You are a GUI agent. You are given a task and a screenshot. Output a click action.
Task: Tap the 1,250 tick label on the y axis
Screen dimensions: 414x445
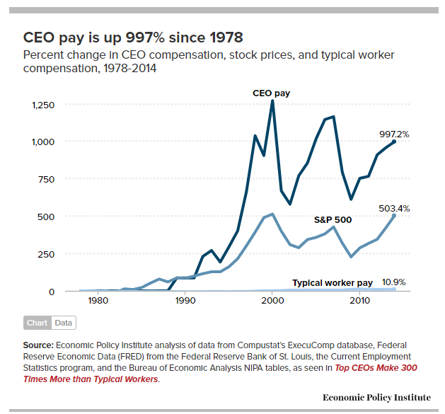[x=42, y=105]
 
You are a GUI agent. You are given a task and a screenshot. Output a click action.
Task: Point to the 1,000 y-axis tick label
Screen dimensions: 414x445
[x=42, y=142]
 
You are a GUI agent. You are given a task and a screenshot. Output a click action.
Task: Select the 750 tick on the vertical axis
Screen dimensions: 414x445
[x=45, y=179]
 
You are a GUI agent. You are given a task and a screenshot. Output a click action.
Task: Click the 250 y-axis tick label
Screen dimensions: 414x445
[x=45, y=253]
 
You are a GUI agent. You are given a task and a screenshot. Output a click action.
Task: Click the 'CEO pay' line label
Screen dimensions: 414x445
[x=272, y=93]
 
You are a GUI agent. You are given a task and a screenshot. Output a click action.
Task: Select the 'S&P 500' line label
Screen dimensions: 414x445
[x=333, y=219]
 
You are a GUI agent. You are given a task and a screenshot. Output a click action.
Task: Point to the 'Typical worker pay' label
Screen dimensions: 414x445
[x=333, y=283]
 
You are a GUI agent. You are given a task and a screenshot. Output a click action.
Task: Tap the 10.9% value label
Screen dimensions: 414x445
[x=393, y=282]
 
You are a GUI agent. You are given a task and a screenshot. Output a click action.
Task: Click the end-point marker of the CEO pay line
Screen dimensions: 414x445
[x=394, y=142]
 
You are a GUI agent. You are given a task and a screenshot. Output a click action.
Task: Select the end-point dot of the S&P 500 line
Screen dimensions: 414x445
[x=394, y=215]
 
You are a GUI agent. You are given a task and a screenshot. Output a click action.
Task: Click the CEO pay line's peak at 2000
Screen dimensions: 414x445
[x=272, y=101]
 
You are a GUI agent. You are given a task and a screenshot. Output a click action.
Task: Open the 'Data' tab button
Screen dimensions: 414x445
[x=63, y=323]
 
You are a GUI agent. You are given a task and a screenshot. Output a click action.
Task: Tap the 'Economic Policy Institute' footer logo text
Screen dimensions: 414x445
[x=376, y=398]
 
